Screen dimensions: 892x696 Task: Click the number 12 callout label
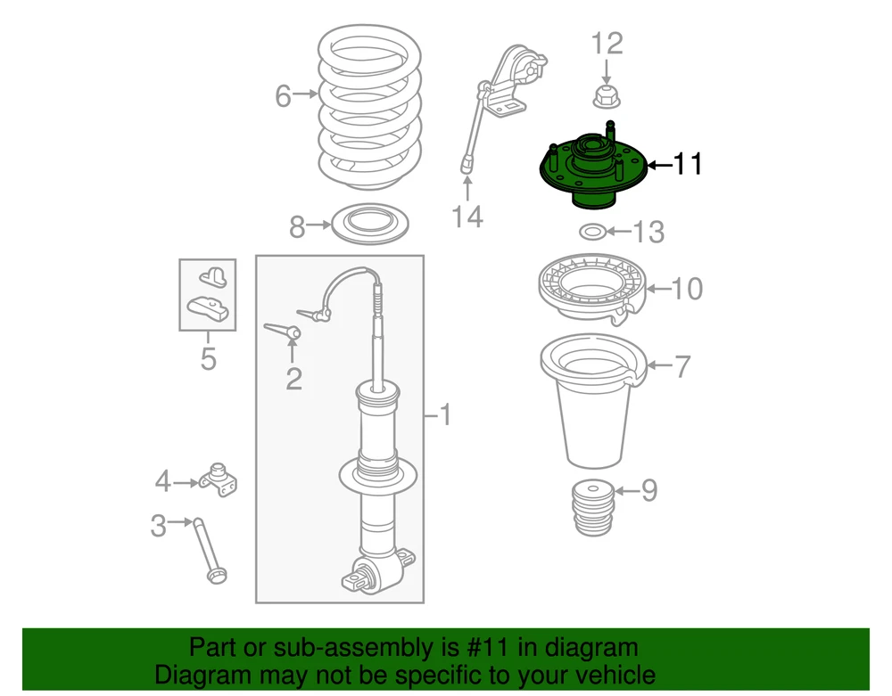(607, 44)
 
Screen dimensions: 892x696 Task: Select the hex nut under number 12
(607, 97)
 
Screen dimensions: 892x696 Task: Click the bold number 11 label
(688, 164)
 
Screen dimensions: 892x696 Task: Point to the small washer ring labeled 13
(592, 232)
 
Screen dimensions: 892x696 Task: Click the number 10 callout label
(687, 289)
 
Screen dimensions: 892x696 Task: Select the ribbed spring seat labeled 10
(592, 290)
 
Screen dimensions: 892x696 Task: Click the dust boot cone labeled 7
(593, 400)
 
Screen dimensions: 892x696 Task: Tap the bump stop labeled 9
(593, 509)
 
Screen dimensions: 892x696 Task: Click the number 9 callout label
(649, 490)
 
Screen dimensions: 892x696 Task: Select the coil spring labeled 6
(369, 109)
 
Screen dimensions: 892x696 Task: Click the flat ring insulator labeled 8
(370, 225)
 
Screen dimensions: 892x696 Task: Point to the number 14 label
(467, 217)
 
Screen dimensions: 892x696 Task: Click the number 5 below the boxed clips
(208, 358)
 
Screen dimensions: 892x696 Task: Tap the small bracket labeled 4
(219, 480)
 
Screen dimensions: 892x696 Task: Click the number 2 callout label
(293, 379)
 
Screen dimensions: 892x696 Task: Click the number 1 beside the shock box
(445, 415)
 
